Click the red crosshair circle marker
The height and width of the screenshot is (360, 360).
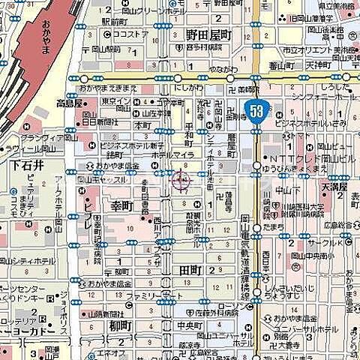[181, 179]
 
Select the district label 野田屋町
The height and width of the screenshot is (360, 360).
[209, 34]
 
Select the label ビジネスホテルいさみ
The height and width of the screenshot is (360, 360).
[319, 122]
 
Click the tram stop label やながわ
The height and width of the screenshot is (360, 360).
[223, 68]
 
